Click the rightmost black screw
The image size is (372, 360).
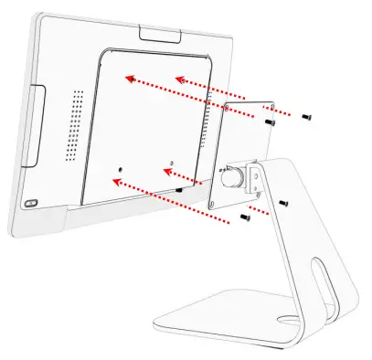307,115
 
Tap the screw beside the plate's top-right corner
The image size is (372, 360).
270,121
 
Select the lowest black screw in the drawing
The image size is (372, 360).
244,219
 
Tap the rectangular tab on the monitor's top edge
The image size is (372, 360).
160,34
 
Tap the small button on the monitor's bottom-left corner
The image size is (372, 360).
32,203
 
